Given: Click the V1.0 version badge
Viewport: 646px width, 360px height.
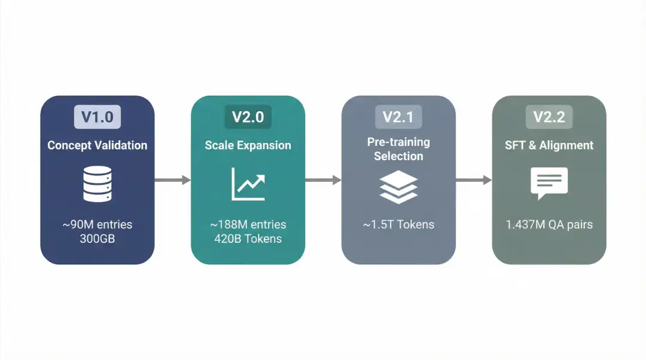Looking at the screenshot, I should (x=97, y=117).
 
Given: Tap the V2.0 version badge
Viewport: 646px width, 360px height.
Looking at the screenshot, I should (x=248, y=117).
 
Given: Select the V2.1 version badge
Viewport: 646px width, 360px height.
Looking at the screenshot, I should (x=398, y=117).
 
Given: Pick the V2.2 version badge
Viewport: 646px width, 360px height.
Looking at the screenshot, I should (x=549, y=117).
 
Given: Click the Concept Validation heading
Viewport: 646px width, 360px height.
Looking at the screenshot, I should (x=97, y=145).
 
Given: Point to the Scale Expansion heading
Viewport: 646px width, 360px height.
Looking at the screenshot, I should (x=248, y=145).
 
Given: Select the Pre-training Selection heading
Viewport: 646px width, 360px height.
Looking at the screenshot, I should (x=398, y=149).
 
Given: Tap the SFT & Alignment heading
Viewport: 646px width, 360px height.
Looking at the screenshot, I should (x=549, y=145).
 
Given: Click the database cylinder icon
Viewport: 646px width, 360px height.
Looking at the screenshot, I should (x=97, y=184).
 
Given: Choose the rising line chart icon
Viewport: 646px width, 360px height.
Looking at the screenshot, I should (x=248, y=184).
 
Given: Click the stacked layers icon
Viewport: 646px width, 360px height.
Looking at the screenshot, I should (x=398, y=186).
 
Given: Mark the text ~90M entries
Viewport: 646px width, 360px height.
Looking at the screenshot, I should (x=97, y=225).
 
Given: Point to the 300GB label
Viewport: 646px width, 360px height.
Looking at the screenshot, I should (x=97, y=239).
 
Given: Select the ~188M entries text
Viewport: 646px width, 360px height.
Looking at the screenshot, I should (x=248, y=225).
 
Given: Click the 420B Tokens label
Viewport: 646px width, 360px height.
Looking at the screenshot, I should (x=248, y=239).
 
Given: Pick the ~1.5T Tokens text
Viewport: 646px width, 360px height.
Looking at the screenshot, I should (x=398, y=225).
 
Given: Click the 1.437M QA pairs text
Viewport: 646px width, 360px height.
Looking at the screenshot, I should (x=549, y=225).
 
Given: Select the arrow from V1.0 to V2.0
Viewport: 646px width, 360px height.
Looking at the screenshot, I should (x=172, y=180).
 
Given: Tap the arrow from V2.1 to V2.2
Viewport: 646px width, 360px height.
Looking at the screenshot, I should (x=474, y=180).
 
